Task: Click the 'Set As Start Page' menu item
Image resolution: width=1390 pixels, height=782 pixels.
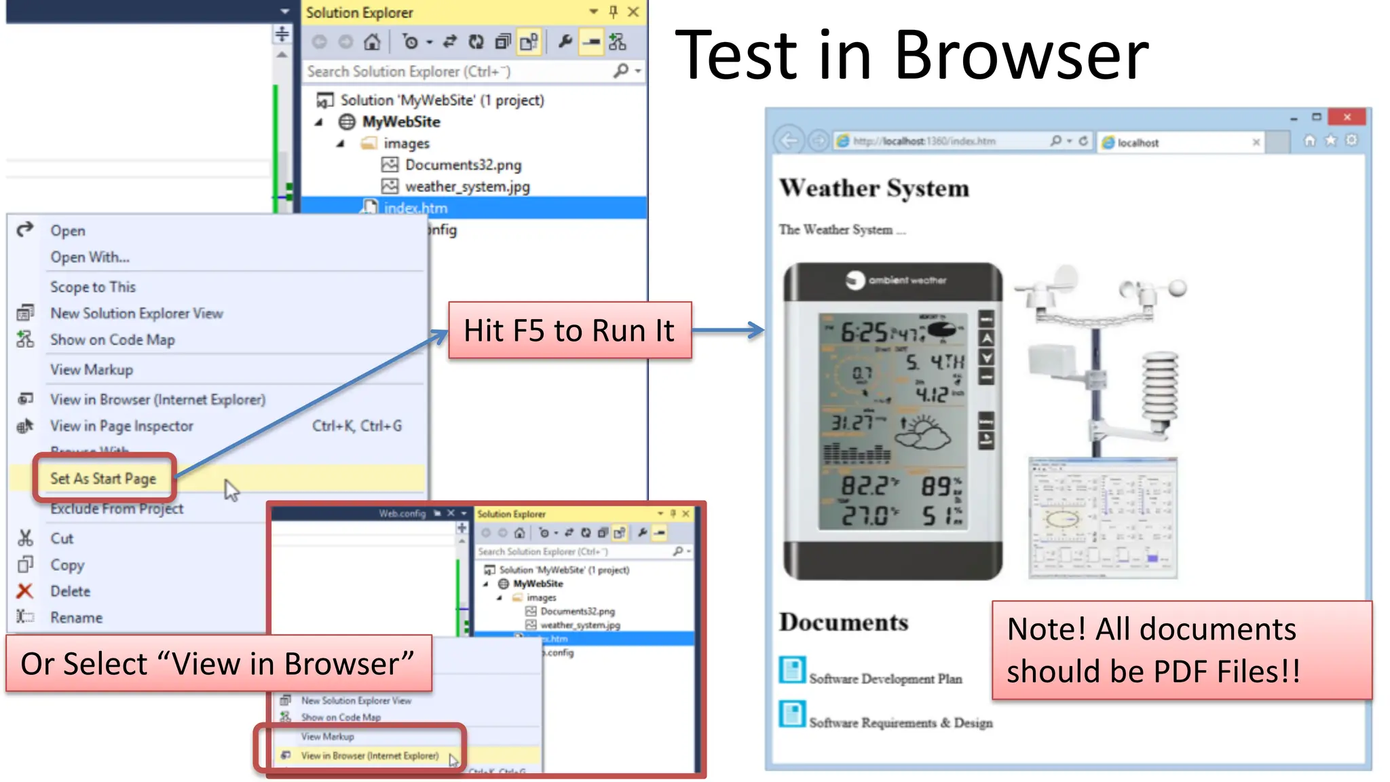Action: coord(103,479)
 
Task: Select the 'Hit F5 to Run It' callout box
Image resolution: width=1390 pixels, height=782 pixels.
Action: coord(569,331)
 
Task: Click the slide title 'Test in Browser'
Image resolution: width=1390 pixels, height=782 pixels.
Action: coord(912,56)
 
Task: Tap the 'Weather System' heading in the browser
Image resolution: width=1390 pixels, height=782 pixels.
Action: coord(874,188)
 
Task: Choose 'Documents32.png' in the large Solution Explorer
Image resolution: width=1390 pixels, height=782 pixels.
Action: coord(463,165)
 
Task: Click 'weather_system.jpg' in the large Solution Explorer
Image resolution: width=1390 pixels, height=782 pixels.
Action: coord(467,187)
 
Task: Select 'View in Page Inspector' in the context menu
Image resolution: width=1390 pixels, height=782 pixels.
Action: coord(121,426)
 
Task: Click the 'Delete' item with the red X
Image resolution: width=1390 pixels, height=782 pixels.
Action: coord(70,591)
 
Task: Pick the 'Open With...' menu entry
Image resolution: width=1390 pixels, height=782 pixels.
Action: coord(90,257)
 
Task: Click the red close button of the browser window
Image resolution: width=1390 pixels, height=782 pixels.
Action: coord(1347,117)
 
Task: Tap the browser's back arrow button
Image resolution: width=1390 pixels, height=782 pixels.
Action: coord(788,141)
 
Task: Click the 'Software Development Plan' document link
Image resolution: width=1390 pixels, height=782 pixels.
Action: coord(885,678)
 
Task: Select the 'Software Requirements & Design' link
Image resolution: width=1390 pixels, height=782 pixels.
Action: coord(900,723)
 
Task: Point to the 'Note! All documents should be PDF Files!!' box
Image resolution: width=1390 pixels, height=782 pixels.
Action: coord(1181,650)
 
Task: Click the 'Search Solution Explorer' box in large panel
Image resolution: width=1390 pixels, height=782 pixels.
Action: coord(459,71)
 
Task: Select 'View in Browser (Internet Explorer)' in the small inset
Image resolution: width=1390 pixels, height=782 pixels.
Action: coord(369,756)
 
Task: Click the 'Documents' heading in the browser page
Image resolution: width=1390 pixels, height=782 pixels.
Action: coord(843,622)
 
